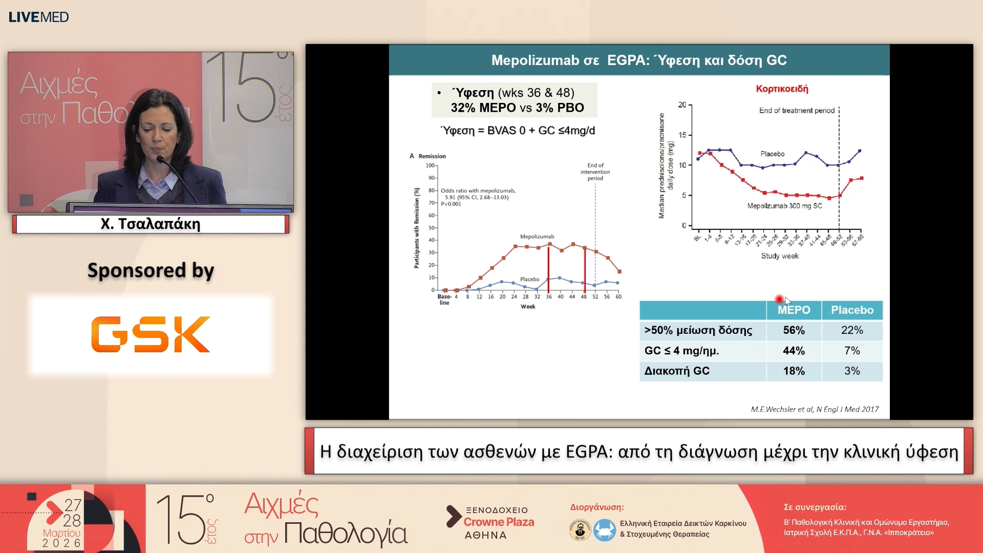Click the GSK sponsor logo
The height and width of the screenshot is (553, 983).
click(151, 334)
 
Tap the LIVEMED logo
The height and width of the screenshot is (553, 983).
click(38, 17)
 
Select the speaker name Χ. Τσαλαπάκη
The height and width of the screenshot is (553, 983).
click(151, 224)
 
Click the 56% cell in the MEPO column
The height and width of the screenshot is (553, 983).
click(794, 330)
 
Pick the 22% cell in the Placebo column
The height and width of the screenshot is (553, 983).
click(852, 330)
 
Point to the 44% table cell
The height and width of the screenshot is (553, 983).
click(794, 351)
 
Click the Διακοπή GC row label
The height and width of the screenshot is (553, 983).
click(677, 371)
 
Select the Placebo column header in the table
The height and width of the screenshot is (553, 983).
click(852, 310)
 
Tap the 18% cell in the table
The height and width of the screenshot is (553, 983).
click(794, 371)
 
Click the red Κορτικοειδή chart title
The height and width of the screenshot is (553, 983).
click(782, 89)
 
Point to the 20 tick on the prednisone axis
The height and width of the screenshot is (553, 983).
click(682, 105)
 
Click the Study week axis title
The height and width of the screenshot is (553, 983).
click(779, 256)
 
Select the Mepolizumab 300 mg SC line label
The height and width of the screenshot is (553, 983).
click(784, 206)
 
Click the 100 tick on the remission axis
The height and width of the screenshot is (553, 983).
click(430, 165)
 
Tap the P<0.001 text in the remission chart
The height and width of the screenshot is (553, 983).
click(451, 204)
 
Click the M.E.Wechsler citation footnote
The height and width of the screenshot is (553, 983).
click(815, 409)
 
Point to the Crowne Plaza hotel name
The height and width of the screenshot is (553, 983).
click(499, 522)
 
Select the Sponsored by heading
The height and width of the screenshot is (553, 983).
click(151, 270)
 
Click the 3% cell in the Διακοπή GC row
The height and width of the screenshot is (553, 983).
click(852, 371)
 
